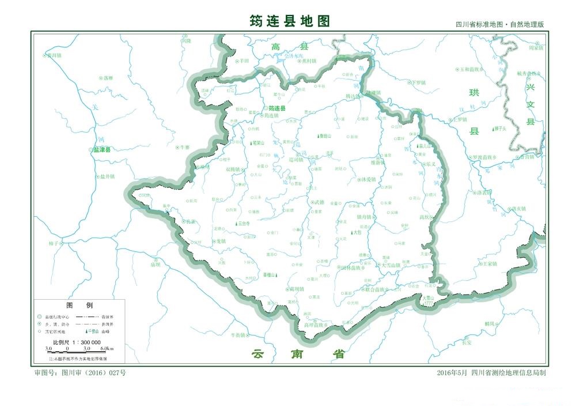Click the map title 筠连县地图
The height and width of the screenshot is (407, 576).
290,21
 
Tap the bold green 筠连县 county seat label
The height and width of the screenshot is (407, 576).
277,108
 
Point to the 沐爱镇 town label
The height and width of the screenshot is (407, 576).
368,179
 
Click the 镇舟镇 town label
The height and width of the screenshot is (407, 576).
365,217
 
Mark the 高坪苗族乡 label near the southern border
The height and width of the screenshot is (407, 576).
316,325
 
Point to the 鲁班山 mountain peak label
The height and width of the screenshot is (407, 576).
325,137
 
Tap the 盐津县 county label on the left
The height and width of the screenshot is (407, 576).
101,149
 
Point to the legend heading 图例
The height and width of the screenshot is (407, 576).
79,305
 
